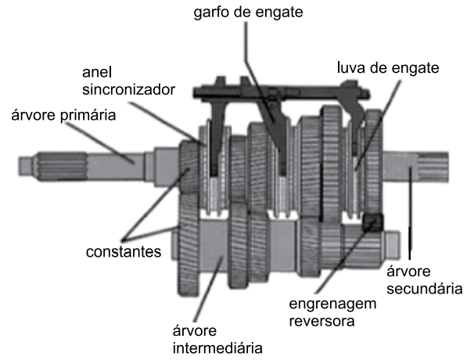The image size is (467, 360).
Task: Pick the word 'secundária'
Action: pos(422,288)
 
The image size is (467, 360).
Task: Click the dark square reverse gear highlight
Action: pos(371,223)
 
